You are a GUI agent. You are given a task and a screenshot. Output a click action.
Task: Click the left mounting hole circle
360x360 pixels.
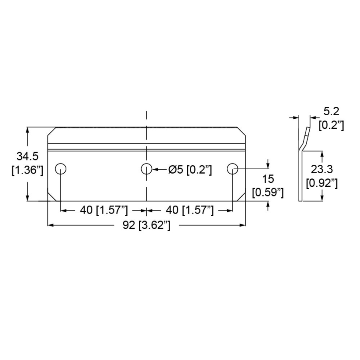click(61, 169)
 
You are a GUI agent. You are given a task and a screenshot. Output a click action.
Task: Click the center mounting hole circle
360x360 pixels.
click(146, 169)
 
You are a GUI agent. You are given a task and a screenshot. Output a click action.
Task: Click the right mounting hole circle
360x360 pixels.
click(232, 169)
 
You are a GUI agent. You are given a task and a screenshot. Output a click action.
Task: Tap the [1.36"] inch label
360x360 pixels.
click(27, 170)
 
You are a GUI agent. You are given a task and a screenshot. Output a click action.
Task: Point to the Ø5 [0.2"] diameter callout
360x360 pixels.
click(190, 170)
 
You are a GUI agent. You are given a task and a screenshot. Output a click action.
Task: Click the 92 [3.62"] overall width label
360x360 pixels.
click(146, 226)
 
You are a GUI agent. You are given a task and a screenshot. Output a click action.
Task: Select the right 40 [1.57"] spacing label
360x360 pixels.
click(190, 210)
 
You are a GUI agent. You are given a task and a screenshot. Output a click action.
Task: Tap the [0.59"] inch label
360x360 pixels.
click(268, 192)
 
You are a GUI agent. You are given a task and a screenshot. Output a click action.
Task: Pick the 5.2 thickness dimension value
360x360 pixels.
click(331, 112)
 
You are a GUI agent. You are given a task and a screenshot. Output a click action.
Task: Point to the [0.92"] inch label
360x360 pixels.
click(322, 183)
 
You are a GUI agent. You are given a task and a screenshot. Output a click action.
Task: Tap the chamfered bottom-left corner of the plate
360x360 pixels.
click(52, 197)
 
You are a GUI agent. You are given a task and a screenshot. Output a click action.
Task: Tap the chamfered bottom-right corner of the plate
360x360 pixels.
click(241, 197)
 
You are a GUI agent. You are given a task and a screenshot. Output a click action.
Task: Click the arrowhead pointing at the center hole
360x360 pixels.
click(156, 169)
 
